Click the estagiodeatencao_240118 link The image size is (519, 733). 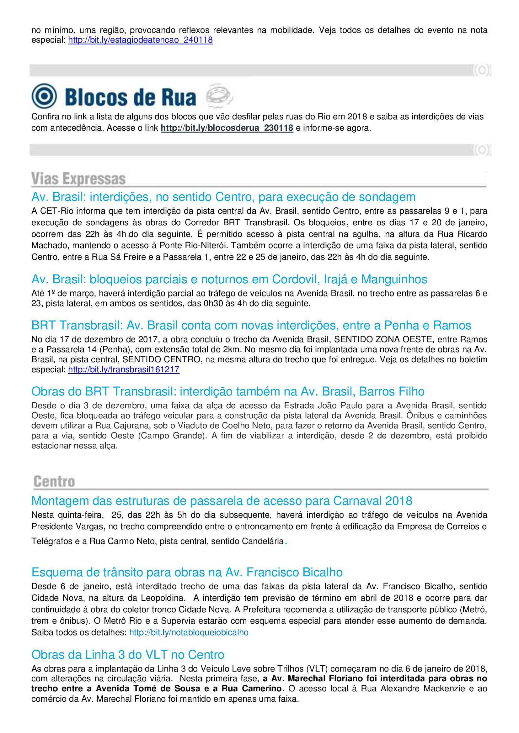click(x=140, y=40)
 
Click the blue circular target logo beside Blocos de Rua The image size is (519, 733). click(x=44, y=96)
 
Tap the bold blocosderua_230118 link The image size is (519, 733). click(x=227, y=128)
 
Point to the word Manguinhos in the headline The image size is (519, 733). click(x=394, y=279)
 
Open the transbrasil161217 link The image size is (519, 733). click(x=124, y=370)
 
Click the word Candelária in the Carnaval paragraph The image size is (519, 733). click(x=263, y=541)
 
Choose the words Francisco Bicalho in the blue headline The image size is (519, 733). click(x=294, y=572)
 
